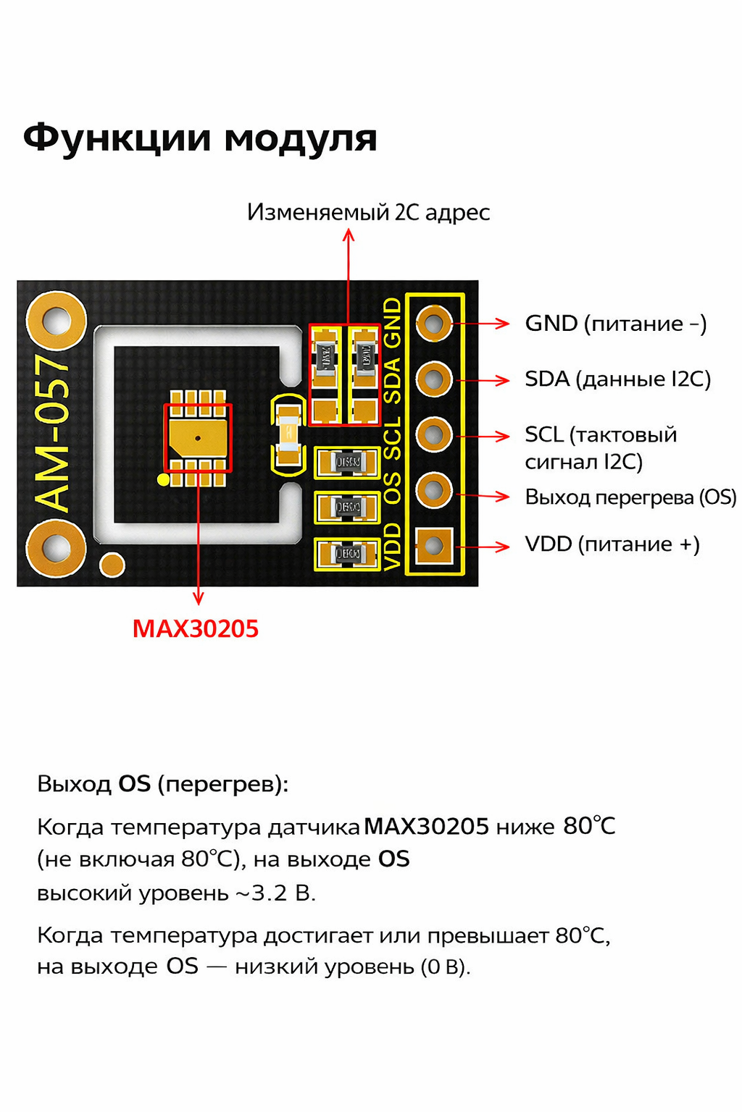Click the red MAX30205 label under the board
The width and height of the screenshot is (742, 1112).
(x=195, y=628)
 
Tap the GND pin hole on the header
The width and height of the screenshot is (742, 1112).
(x=434, y=324)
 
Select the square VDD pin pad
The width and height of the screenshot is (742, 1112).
(x=434, y=546)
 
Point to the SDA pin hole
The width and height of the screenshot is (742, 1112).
(x=434, y=379)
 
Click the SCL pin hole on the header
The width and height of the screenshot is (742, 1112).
(x=434, y=435)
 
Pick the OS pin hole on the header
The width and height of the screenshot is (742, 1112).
(x=434, y=491)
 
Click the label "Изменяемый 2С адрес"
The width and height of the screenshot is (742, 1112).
(x=368, y=212)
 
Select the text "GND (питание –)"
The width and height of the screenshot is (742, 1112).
(x=615, y=324)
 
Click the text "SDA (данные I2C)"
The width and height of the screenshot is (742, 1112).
(x=617, y=379)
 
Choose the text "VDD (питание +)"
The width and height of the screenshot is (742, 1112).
(x=612, y=544)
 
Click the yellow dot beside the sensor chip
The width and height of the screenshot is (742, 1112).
(x=164, y=479)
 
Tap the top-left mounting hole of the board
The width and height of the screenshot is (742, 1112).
(x=56, y=321)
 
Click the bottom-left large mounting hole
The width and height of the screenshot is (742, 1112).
(x=56, y=547)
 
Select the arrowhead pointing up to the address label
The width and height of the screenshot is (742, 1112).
(x=349, y=235)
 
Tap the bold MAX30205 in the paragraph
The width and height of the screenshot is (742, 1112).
(x=426, y=826)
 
